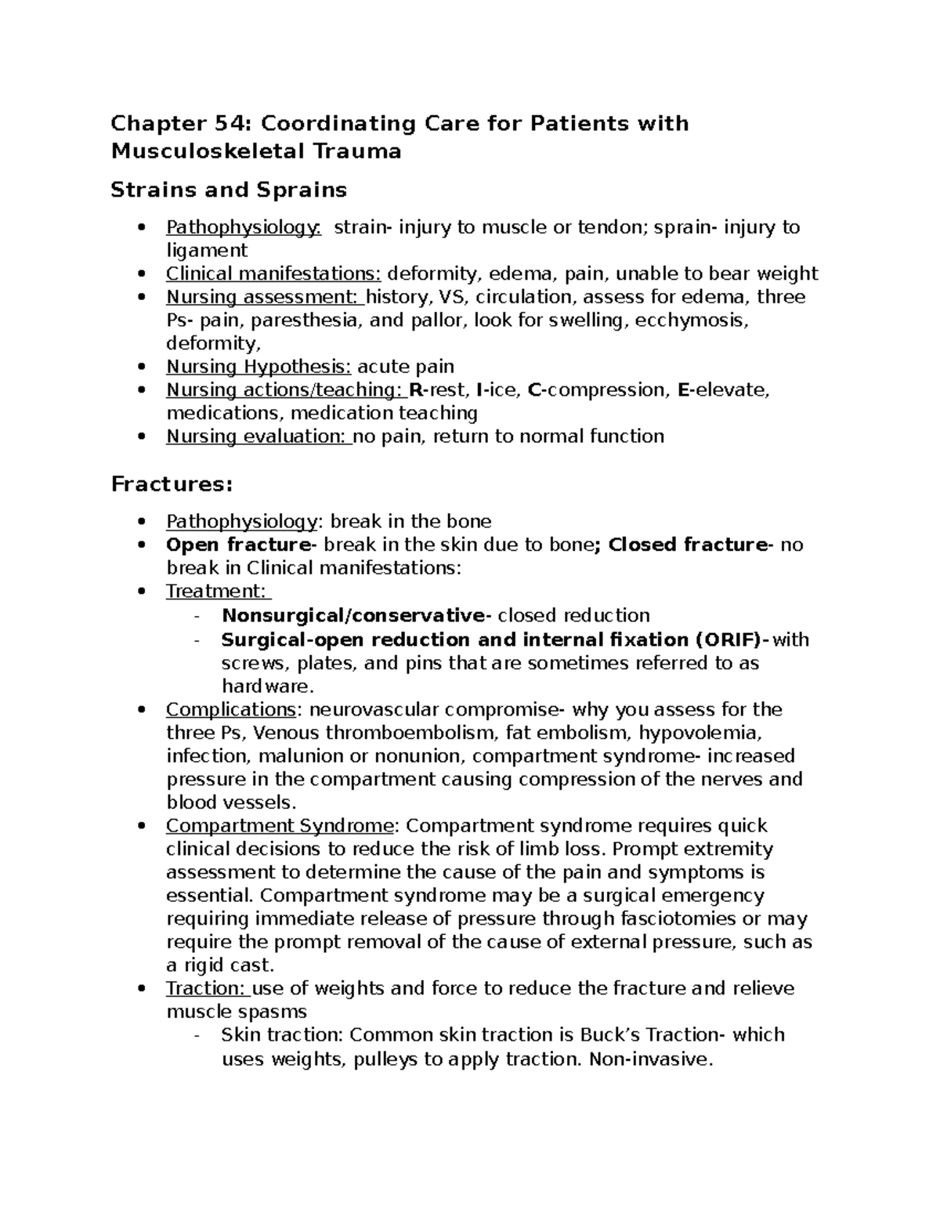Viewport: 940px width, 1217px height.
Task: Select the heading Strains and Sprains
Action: point(229,190)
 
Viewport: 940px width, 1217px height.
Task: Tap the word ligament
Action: point(207,251)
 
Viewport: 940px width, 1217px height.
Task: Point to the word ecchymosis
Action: point(695,321)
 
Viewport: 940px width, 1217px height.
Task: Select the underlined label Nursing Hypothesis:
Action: point(258,367)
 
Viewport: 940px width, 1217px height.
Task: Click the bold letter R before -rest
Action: point(415,390)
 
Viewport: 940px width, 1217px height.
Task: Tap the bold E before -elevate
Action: point(682,390)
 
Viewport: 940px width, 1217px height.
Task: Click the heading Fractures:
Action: point(172,484)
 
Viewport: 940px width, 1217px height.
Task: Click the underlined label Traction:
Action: point(206,989)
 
